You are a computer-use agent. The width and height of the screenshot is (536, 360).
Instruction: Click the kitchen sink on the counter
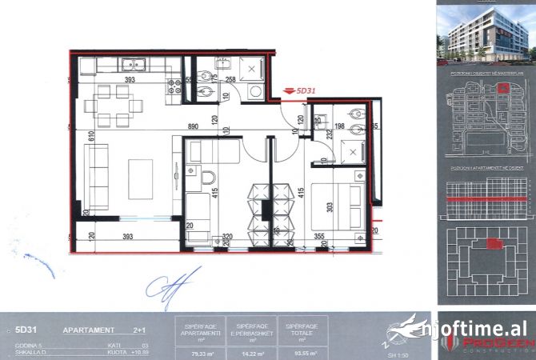133,64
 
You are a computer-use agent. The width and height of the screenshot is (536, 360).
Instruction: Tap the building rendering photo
485,33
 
